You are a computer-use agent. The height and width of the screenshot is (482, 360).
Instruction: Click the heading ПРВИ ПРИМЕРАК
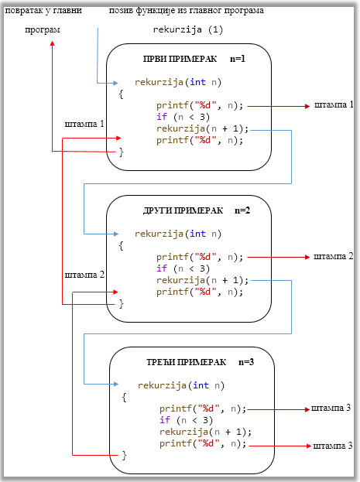tap(180, 59)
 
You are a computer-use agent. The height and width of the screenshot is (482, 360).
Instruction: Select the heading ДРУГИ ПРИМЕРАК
tap(183, 210)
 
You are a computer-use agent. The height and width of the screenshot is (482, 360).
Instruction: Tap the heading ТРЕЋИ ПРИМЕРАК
tap(186, 362)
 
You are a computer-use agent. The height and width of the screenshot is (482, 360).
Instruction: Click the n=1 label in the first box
tap(238, 59)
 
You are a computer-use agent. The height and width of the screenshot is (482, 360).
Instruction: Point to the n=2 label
tap(242, 210)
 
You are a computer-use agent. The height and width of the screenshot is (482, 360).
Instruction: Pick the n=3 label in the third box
tap(246, 362)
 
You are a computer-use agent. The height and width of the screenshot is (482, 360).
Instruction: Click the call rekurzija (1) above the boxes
tap(188, 29)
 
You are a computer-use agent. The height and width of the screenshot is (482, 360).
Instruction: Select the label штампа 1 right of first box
tap(334, 104)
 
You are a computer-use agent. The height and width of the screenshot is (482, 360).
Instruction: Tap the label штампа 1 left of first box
tap(84, 124)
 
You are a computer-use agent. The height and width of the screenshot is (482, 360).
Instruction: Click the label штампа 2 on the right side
tap(333, 256)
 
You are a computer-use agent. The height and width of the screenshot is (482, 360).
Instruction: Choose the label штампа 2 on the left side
tap(84, 275)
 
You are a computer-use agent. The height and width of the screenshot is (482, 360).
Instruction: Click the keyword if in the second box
tap(162, 268)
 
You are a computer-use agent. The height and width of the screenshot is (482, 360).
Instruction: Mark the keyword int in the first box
tap(197, 82)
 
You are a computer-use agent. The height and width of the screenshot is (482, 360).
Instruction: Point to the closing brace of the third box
tap(124, 455)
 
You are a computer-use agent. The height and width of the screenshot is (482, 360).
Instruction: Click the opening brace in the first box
tap(122, 94)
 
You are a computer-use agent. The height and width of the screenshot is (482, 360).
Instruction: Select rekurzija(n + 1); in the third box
tap(205, 432)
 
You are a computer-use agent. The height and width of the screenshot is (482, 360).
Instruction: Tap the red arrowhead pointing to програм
tap(53, 43)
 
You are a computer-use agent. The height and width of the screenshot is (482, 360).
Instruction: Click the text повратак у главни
tap(43, 11)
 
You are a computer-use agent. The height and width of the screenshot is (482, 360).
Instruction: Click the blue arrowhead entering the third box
tap(116, 384)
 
